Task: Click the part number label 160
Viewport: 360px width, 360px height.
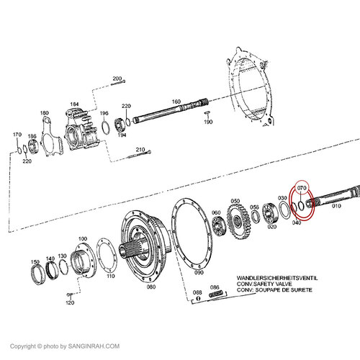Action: coord(176,102)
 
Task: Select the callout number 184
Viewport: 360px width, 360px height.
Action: coord(73,105)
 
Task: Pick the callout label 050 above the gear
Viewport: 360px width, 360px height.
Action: coord(235,201)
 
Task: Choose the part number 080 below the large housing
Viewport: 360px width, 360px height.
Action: coord(151,286)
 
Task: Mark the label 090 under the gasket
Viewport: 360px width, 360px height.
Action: coord(199,273)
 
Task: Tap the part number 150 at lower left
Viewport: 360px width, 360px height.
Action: coord(35,261)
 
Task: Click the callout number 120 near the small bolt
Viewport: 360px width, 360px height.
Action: coord(69,303)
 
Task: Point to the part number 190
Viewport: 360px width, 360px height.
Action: coord(209,122)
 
